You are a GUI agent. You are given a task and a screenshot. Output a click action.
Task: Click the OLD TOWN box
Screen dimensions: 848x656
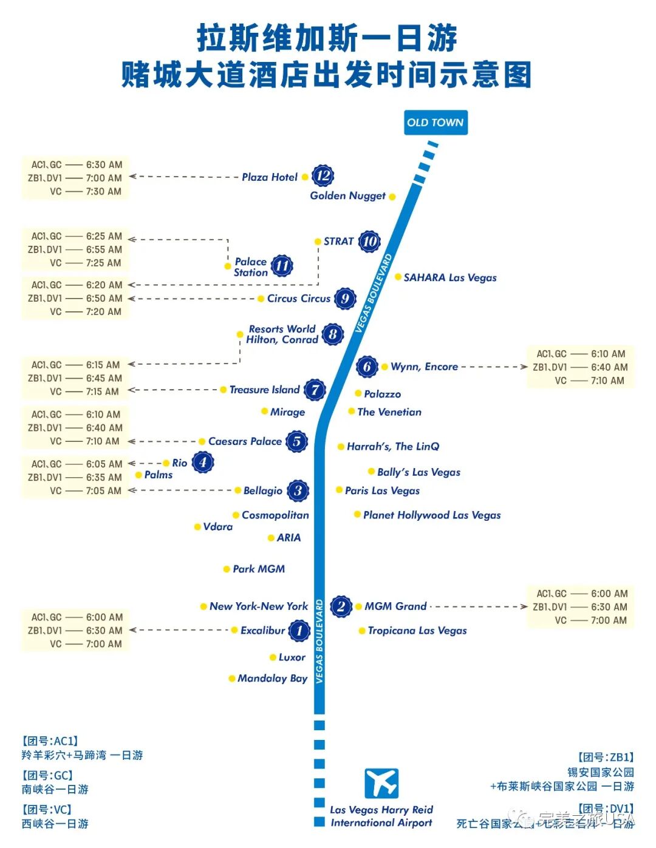(x=436, y=123)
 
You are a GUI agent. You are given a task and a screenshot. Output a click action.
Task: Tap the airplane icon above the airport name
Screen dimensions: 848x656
(x=381, y=783)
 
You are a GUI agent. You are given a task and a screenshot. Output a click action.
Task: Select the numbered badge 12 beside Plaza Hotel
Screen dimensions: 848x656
(x=323, y=176)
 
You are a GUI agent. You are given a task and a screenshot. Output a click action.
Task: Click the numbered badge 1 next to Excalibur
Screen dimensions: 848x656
(x=299, y=631)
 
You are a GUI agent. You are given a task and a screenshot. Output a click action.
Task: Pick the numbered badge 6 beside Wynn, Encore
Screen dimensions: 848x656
(x=367, y=367)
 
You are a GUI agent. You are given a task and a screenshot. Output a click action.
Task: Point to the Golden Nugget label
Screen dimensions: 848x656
(x=347, y=195)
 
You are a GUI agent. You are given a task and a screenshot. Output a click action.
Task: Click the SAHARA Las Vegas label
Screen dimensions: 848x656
(x=450, y=277)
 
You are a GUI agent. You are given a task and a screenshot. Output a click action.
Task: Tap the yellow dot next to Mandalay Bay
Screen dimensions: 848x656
(x=231, y=679)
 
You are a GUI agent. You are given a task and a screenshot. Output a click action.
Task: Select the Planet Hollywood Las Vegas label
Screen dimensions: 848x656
(x=432, y=515)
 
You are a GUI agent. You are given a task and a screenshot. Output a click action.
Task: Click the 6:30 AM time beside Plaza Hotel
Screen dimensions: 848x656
(x=104, y=165)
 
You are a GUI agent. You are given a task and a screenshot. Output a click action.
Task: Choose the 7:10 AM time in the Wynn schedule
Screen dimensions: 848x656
(x=607, y=381)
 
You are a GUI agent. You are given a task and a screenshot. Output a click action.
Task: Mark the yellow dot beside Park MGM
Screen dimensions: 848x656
(x=227, y=569)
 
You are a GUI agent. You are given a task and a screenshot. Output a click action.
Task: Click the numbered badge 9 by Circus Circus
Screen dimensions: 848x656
(x=344, y=298)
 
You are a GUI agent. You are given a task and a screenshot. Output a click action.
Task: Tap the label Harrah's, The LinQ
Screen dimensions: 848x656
(x=393, y=447)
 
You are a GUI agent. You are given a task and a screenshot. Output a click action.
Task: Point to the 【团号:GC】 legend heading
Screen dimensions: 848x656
(x=47, y=775)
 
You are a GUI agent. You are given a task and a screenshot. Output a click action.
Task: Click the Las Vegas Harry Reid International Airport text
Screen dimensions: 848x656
(x=381, y=816)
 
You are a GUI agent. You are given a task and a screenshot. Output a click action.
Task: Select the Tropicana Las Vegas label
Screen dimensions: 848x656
(x=417, y=631)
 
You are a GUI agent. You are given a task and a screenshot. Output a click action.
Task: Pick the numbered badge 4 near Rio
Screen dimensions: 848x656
(x=203, y=463)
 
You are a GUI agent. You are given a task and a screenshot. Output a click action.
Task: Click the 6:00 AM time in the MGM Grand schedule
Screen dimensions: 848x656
(x=609, y=594)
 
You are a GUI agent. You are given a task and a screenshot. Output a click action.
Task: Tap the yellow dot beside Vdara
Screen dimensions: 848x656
(x=197, y=527)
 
